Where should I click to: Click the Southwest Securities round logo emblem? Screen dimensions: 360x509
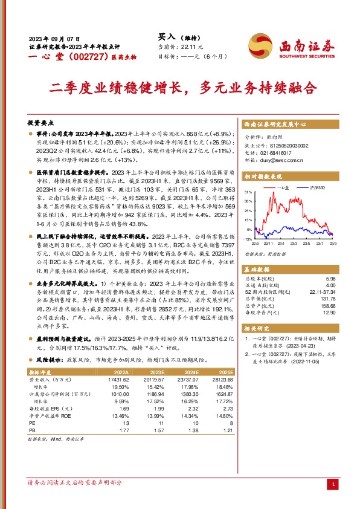[x=260, y=44]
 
